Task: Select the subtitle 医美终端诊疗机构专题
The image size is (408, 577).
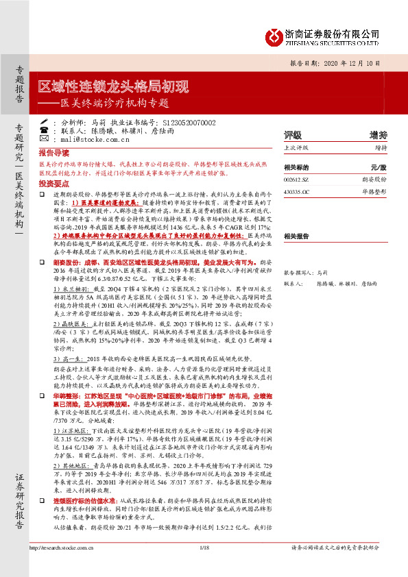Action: tap(113, 104)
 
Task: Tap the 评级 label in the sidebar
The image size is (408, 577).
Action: tap(293, 135)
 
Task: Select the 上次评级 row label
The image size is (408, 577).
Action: tap(296, 147)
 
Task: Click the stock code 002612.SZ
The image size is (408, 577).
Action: tap(296, 178)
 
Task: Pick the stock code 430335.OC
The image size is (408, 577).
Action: tap(297, 193)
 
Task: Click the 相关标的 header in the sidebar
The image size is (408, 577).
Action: tap(296, 167)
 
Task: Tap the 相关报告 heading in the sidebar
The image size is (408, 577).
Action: tap(296, 234)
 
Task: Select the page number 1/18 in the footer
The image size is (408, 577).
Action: tap(204, 566)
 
